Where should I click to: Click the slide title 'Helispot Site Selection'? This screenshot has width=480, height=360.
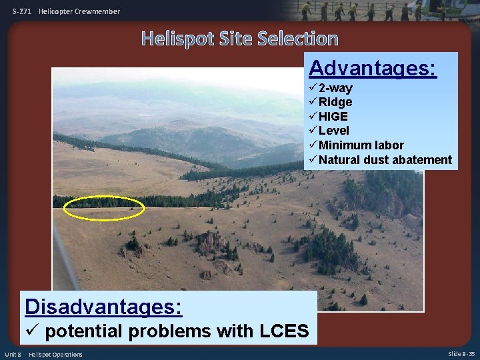click(x=239, y=39)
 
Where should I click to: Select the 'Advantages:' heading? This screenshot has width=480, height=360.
click(x=373, y=68)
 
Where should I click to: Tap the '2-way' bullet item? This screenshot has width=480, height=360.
click(x=335, y=88)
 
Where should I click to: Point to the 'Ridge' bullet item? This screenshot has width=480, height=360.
click(x=335, y=102)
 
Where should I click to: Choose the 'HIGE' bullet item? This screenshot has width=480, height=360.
click(x=333, y=116)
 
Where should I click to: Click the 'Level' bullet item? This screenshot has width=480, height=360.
click(x=333, y=131)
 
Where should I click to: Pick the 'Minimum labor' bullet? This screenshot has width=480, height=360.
click(x=361, y=145)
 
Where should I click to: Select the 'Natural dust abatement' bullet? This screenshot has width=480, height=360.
click(x=385, y=160)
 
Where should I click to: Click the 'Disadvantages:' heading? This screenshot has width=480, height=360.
click(x=103, y=307)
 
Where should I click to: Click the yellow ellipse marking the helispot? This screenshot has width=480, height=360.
click(x=104, y=207)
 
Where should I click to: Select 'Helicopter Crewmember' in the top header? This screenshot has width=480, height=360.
click(x=80, y=11)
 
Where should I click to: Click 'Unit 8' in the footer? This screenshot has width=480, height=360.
click(x=13, y=354)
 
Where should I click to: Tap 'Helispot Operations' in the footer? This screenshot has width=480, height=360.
click(x=55, y=354)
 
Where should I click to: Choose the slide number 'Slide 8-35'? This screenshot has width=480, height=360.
click(x=461, y=354)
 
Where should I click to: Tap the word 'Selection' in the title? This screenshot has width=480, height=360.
click(x=299, y=39)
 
